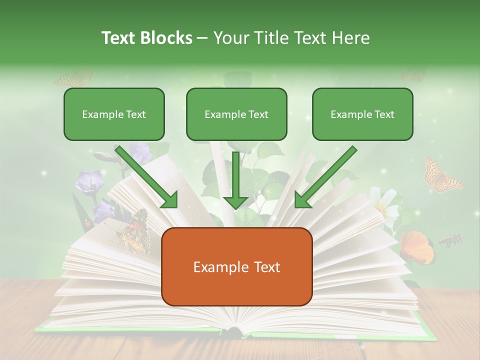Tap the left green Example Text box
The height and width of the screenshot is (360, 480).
[114, 114]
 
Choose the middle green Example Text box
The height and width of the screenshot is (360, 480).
[236, 114]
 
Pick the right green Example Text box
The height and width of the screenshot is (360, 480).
[362, 114]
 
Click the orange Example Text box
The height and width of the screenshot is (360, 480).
[236, 267]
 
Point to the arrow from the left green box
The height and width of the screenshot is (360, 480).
[146, 177]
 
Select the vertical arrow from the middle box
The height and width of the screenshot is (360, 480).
[235, 180]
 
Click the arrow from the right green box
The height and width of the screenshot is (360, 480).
[325, 177]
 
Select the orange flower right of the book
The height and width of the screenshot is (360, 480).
[416, 246]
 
